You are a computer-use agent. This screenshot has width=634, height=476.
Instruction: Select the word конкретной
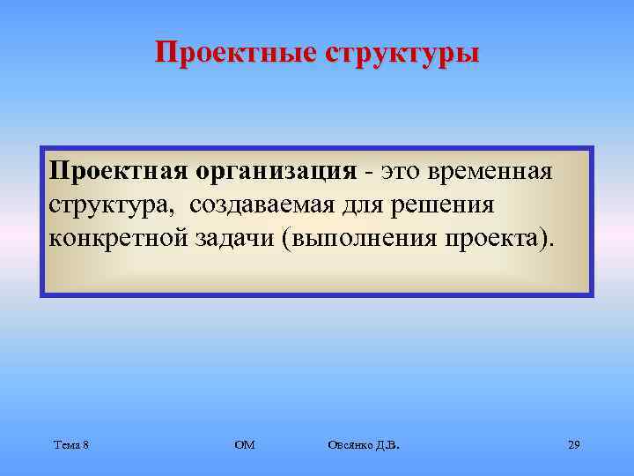[116, 239]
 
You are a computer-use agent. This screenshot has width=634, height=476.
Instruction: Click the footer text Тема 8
[70, 445]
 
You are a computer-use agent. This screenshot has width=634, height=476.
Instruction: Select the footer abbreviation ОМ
[245, 445]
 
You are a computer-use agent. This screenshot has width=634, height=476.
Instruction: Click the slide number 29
[573, 445]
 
